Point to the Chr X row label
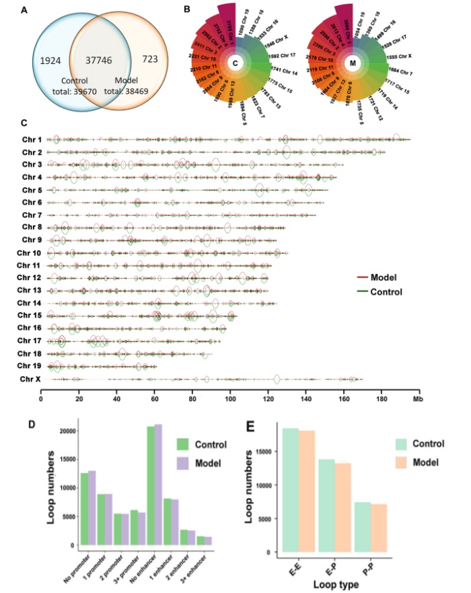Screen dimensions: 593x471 (28, 380)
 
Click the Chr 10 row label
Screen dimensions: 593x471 (27, 253)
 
